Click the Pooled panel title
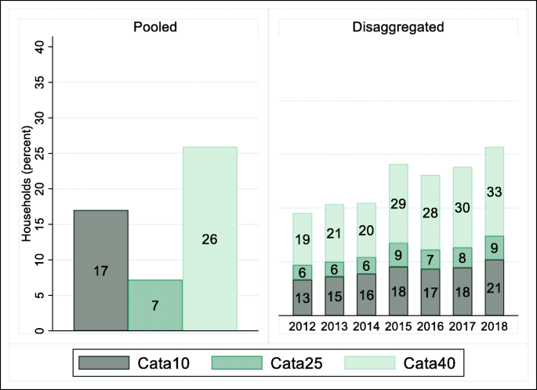[154, 27]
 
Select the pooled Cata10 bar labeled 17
[100, 271]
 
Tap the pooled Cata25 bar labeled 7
[155, 304]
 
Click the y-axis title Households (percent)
[26, 188]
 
